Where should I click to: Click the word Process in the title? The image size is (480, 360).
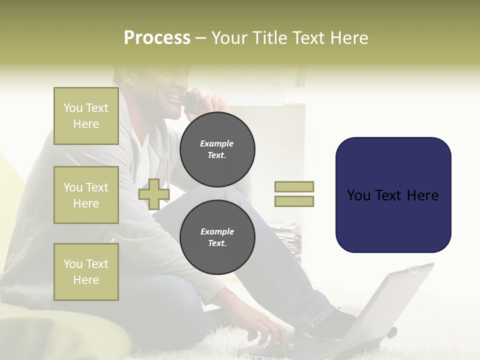tap(157, 38)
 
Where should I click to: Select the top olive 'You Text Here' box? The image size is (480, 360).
tap(86, 116)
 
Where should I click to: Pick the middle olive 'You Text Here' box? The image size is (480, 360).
tap(86, 195)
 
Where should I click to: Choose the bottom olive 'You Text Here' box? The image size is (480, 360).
tap(86, 272)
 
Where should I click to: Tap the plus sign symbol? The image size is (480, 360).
tap(154, 194)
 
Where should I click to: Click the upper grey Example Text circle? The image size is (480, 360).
tap(217, 149)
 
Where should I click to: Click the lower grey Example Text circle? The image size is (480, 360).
tap(217, 237)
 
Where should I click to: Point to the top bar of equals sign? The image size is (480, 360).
tap(294, 186)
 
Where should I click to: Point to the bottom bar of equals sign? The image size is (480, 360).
tap(294, 201)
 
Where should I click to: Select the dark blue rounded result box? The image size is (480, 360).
tap(393, 195)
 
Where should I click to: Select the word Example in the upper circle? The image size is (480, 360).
tap(216, 143)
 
